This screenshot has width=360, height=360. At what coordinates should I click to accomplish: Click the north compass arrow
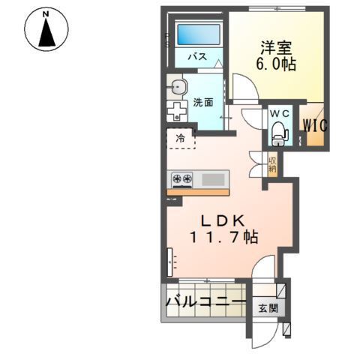tap(46, 34)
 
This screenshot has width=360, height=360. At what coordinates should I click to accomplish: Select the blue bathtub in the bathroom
tap(199, 36)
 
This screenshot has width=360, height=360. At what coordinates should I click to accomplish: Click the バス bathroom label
tap(197, 56)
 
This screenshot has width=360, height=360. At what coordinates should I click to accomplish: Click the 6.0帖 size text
tap(274, 64)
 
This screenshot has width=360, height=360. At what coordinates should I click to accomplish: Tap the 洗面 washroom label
tap(202, 103)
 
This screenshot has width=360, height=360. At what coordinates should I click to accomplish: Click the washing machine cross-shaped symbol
tap(176, 110)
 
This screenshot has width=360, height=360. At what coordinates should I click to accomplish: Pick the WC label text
tap(279, 113)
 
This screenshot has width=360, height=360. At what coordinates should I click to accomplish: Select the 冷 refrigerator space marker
tap(181, 138)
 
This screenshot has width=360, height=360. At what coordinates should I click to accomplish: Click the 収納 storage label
tap(273, 163)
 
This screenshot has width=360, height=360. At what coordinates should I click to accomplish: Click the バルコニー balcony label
tap(205, 304)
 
